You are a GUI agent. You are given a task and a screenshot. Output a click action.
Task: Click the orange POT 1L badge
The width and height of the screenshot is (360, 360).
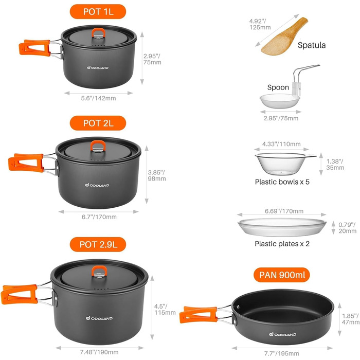pos(98,11)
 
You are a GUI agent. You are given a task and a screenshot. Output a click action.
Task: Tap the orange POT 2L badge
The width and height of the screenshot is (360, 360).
pos(98,123)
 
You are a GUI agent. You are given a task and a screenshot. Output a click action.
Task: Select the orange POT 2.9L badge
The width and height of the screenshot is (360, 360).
pos(98,244)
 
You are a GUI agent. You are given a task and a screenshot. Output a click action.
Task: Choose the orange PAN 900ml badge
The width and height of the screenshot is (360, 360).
pos(282,275)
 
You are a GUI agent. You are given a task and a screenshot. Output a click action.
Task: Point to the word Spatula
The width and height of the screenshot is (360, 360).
pos(312,45)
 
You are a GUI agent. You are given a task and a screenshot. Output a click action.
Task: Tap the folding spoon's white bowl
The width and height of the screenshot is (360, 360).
pos(280,101)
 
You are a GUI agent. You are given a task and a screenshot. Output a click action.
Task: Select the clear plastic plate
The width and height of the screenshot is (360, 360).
pos(282,227)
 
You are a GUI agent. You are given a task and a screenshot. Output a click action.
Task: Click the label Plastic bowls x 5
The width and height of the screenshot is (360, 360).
pos(282,182)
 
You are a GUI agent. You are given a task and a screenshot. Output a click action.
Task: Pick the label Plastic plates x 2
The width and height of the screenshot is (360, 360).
pos(282,244)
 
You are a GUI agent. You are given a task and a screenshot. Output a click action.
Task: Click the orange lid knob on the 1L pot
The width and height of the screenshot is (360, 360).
pos(99,32)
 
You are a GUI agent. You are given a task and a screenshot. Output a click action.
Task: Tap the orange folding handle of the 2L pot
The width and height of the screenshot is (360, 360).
pos(26,163)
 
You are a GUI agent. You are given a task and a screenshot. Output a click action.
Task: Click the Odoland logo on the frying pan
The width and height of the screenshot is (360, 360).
pos(283,334)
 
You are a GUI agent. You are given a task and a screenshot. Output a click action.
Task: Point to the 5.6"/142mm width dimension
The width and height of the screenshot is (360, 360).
pos(98,98)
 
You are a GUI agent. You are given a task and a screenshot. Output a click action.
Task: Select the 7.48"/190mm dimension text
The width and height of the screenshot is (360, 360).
pos(99,352)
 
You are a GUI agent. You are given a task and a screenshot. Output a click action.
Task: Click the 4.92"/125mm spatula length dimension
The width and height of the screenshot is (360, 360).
pos(260,24)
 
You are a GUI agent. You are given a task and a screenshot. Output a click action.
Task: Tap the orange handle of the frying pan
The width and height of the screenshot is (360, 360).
pos(198,315)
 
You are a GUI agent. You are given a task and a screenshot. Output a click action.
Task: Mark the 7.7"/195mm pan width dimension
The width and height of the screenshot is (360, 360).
pos(282,353)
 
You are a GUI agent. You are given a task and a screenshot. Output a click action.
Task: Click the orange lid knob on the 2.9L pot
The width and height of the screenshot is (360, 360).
pos(99,271)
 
